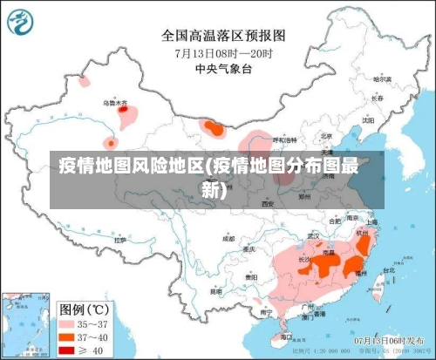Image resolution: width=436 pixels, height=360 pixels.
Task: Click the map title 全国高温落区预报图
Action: pyautogui.click(x=224, y=36)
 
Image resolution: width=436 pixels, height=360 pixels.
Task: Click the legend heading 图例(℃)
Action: pyautogui.click(x=84, y=308)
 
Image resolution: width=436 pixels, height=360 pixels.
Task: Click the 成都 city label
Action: pyautogui.click(x=228, y=237)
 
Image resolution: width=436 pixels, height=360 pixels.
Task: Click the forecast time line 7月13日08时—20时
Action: pyautogui.click(x=223, y=52)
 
